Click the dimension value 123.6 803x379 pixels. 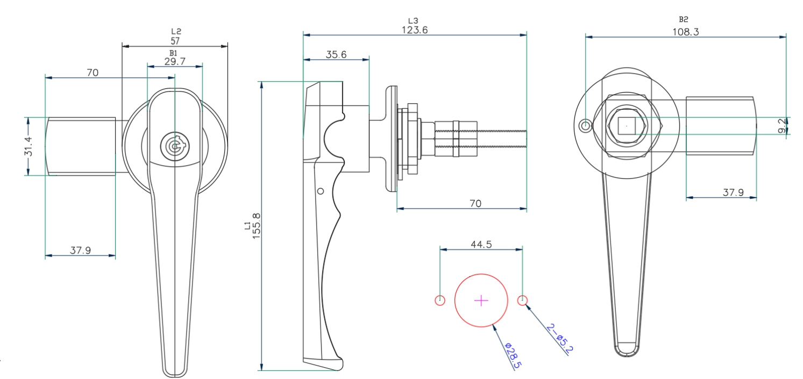click(415, 30)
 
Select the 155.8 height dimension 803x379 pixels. click(257, 226)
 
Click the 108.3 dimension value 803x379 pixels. click(685, 32)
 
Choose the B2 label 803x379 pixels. click(683, 19)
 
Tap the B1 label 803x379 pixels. click(173, 53)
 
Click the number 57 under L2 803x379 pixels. click(175, 41)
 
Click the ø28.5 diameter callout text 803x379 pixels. click(513, 355)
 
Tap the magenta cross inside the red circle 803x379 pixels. click(481, 300)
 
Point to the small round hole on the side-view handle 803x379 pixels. click(321, 191)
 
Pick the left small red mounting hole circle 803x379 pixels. click(440, 300)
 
